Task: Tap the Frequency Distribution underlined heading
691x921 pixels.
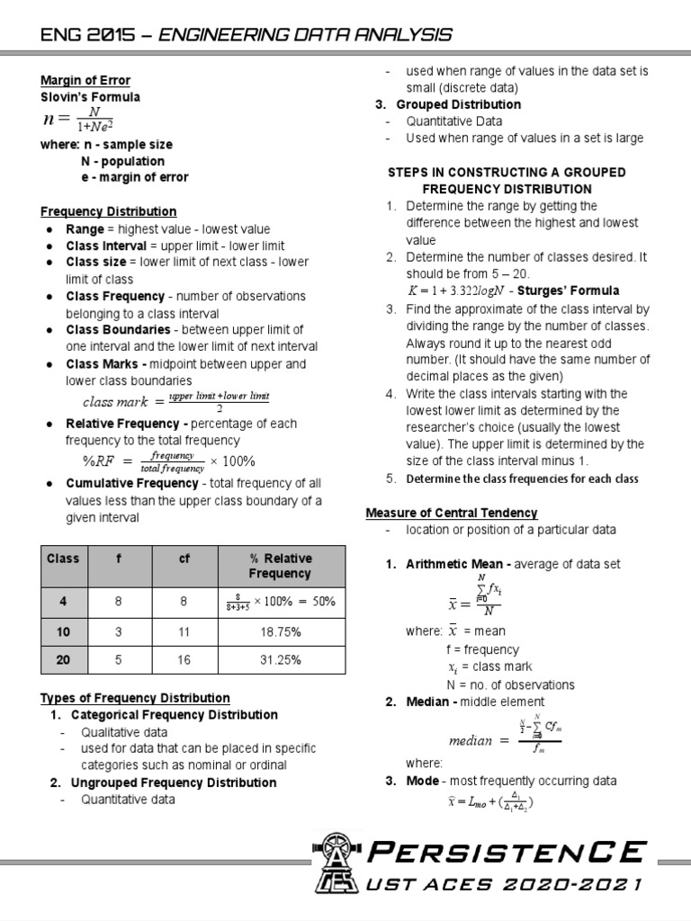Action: (x=108, y=211)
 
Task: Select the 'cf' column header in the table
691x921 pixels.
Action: (x=184, y=559)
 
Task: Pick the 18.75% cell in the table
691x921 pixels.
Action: (x=280, y=632)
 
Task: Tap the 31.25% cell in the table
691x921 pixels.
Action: (x=280, y=659)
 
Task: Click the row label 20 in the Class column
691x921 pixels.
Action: (x=63, y=659)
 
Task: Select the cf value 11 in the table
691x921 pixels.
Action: (x=184, y=632)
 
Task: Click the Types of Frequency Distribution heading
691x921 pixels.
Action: (x=135, y=698)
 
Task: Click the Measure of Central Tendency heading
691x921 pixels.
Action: (x=452, y=513)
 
